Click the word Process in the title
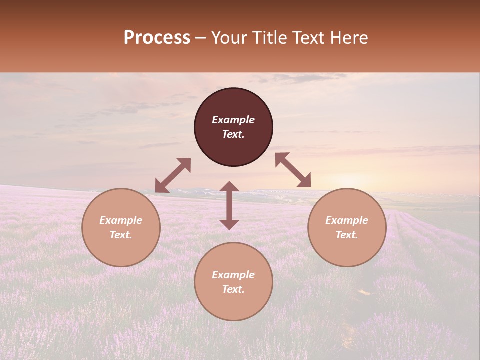tap(157, 38)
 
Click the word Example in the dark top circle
tap(233, 120)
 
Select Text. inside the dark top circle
tap(233, 134)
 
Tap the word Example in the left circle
tap(121, 220)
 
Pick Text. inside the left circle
tap(121, 235)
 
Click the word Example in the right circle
tap(347, 220)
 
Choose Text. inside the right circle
tap(347, 235)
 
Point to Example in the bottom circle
tap(233, 275)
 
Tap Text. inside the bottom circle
tap(233, 289)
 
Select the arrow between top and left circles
tap(173, 175)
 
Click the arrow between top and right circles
tap(293, 170)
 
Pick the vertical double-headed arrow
tap(229, 205)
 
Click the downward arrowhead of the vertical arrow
tap(229, 224)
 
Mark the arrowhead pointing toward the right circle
tap(304, 181)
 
